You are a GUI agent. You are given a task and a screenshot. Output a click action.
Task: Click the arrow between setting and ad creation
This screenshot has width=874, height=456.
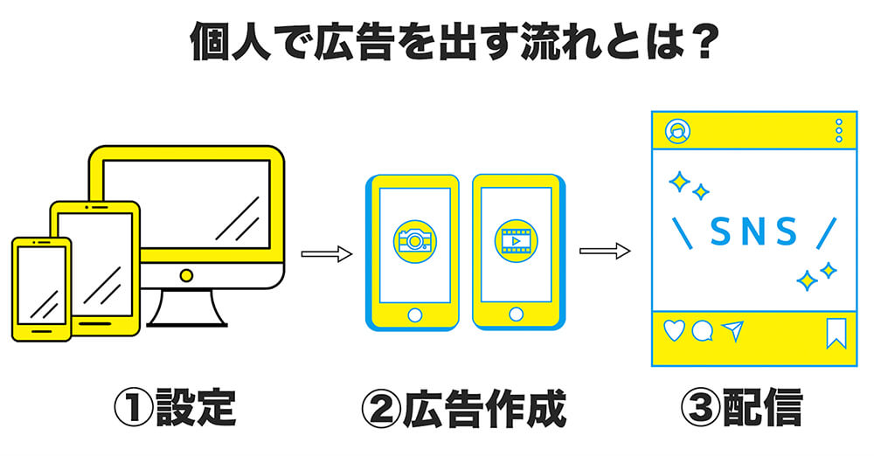point(325,254)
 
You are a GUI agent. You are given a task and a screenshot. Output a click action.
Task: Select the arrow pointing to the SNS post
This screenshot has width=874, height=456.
point(604,252)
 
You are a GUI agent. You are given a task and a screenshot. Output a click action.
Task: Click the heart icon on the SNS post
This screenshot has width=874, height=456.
point(675,330)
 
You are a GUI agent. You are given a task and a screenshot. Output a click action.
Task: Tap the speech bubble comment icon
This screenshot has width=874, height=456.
point(703,331)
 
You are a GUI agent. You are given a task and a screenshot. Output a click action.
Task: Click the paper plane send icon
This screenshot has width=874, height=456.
point(732,330)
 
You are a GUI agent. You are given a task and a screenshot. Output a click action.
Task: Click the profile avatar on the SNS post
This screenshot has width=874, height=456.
point(676,131)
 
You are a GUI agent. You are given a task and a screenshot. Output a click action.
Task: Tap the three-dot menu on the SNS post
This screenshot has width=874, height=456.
point(839,131)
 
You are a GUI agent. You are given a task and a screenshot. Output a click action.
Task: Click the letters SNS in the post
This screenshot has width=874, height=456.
point(753,231)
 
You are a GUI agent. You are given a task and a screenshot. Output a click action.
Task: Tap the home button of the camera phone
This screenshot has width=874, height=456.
point(414,314)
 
